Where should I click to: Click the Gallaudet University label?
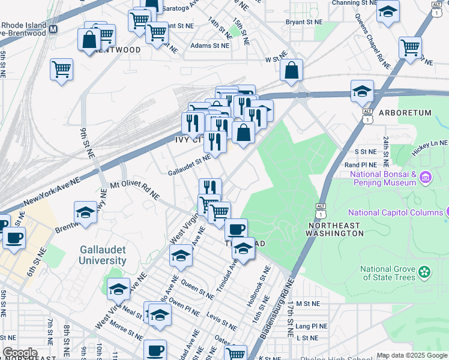tap(103, 255)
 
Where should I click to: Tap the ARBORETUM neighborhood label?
tap(405, 113)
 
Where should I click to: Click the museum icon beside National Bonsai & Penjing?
tap(426, 178)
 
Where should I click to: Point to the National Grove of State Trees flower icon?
tap(425, 272)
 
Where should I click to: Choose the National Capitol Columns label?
tap(395, 212)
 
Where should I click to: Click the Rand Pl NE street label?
tap(360, 164)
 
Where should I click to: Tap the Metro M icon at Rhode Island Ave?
tap(53, 29)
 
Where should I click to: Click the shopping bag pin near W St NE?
tap(291, 70)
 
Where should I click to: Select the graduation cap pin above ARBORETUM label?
tap(362, 92)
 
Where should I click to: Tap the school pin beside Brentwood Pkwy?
tap(86, 213)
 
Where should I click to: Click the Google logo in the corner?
tap(20, 353)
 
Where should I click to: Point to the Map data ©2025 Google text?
tap(412, 355)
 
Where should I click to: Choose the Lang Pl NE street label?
tap(311, 326)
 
